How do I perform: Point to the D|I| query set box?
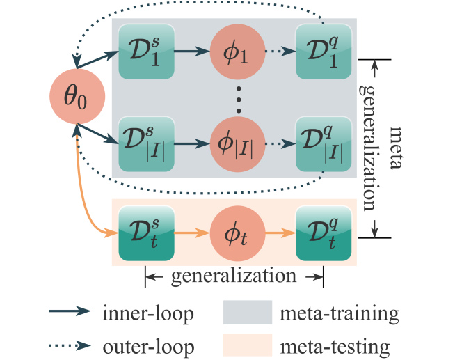click(321, 144)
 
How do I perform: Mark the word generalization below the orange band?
click(234, 276)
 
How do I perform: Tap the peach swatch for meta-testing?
click(246, 345)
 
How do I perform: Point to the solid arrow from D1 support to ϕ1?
click(192, 51)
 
